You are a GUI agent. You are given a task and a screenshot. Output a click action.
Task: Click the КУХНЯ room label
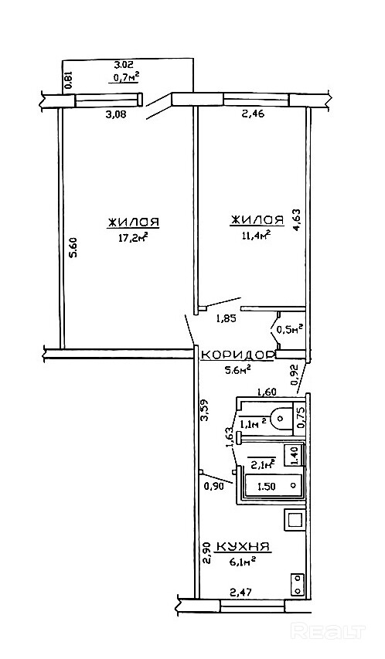[x=242, y=546]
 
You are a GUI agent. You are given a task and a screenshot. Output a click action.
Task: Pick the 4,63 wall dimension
[x=298, y=220]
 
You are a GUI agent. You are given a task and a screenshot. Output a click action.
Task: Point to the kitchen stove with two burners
[x=298, y=585]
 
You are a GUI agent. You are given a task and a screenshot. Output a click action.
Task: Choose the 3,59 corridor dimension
[x=205, y=409]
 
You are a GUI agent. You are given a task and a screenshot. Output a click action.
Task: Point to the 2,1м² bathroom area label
[x=263, y=464]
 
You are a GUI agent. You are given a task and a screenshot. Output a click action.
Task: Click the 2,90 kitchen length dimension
[x=206, y=554]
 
